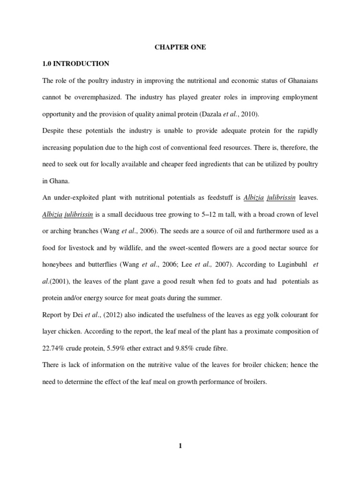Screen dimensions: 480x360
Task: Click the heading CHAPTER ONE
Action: tap(180, 47)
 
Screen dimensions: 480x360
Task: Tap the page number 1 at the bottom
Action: tap(180, 446)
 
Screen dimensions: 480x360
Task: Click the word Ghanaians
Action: tap(299, 81)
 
